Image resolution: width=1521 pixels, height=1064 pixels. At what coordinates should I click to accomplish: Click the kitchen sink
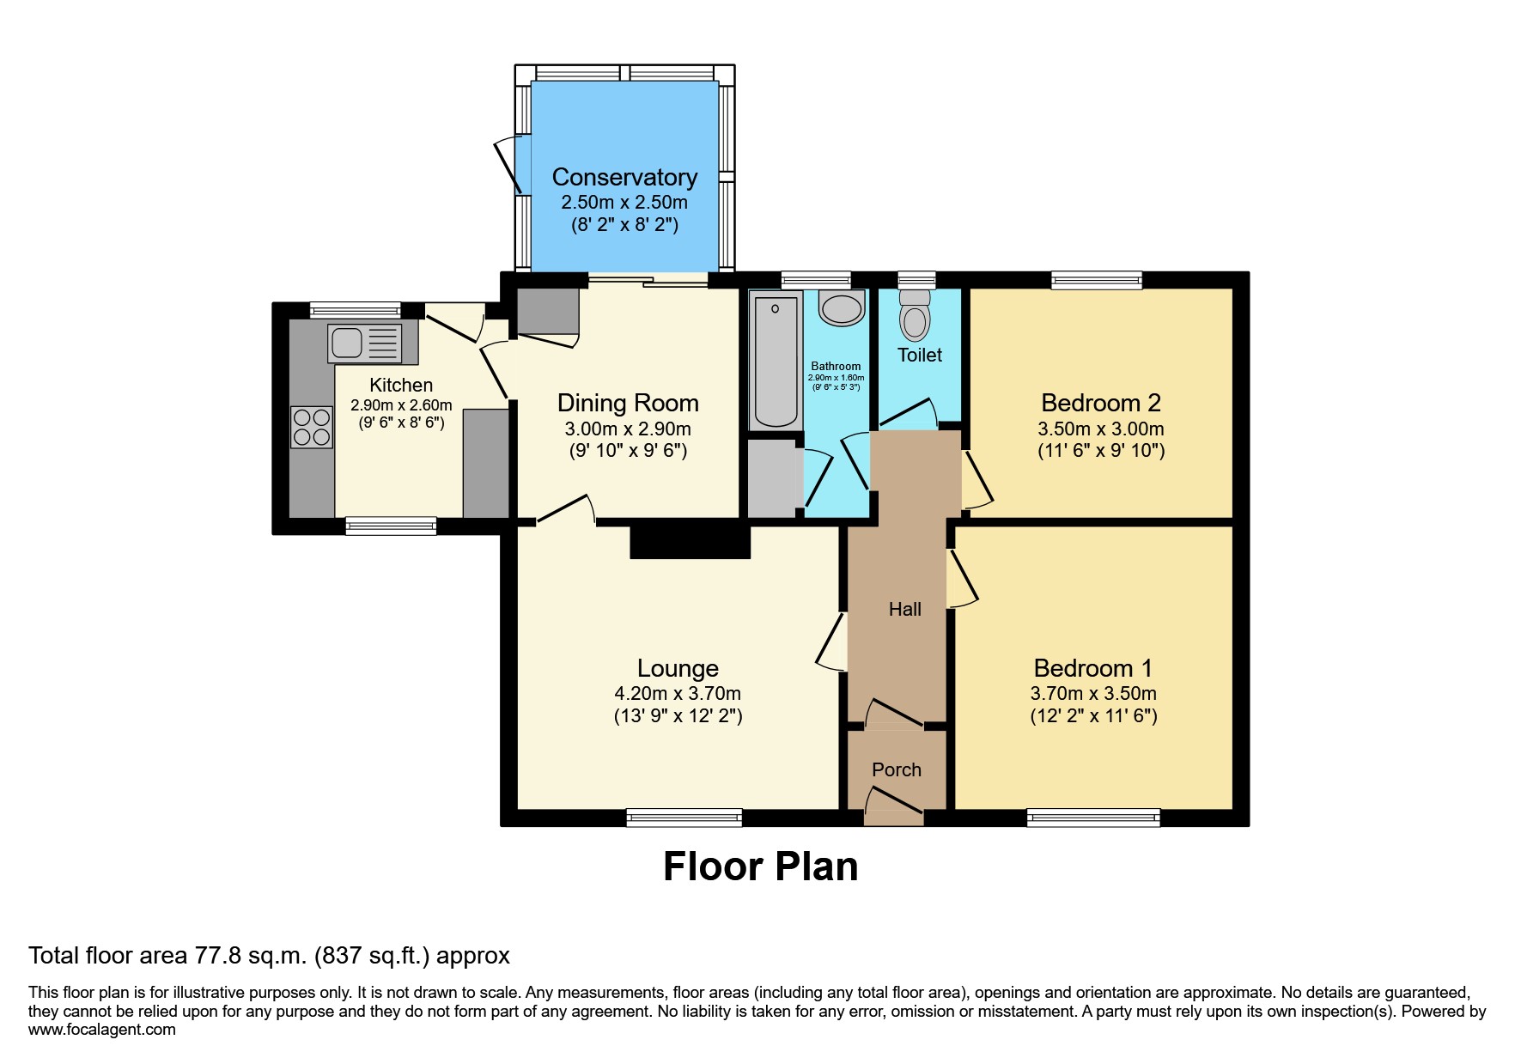point(364,343)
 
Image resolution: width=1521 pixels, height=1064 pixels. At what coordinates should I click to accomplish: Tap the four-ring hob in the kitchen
point(311,427)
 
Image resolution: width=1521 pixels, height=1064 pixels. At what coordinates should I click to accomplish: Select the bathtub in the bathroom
point(775,361)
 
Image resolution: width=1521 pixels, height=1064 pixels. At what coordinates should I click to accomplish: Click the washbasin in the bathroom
point(842,307)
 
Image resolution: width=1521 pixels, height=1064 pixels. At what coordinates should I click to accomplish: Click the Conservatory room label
point(624,177)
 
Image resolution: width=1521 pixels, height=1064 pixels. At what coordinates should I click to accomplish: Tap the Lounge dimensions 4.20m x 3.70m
point(677,693)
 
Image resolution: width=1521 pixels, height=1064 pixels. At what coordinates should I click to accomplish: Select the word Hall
point(904,609)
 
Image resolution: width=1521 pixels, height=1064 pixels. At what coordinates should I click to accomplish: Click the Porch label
point(896,769)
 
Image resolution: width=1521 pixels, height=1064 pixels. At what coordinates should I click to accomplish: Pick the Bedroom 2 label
point(1100,402)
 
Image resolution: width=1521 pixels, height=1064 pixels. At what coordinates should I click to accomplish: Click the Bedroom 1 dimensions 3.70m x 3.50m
point(1093,693)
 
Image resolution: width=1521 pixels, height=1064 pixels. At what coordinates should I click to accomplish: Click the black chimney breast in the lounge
point(690,541)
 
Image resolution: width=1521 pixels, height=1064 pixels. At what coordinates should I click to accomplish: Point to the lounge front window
point(684,818)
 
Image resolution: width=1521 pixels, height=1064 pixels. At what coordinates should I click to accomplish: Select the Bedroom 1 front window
point(1092,818)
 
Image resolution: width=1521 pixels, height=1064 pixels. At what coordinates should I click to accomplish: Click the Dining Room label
point(628,403)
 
